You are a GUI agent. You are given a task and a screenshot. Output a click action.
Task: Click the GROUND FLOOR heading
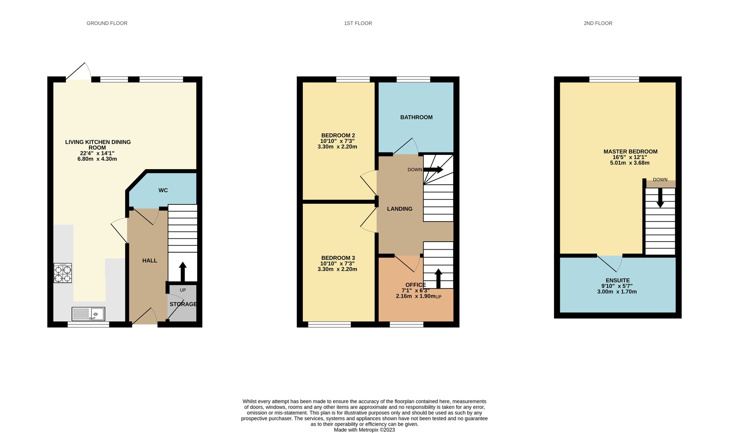[107, 23]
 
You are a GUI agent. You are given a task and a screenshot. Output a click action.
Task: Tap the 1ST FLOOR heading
[358, 23]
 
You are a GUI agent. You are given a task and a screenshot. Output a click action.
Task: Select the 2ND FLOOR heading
[598, 23]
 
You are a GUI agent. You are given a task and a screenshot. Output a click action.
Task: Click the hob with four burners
[63, 273]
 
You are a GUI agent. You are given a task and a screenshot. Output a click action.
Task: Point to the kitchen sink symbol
[89, 314]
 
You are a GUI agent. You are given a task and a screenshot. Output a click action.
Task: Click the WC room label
[163, 190]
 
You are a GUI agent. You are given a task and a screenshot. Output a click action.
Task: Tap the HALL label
[149, 261]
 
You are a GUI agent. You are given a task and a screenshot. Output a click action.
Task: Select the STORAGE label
[183, 304]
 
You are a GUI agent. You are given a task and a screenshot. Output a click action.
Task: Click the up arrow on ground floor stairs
[183, 272]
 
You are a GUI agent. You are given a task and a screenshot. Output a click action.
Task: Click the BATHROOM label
[416, 117]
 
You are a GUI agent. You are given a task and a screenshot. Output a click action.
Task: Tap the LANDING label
[399, 209]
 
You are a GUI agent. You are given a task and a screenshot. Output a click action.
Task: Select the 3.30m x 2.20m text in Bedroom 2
[337, 147]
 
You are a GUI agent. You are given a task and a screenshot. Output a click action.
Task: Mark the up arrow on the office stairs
[438, 279]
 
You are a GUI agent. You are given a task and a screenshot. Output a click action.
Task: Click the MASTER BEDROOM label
[630, 152]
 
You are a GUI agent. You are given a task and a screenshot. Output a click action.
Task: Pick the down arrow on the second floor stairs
[660, 198]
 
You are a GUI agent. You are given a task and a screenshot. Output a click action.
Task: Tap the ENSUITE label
[617, 281]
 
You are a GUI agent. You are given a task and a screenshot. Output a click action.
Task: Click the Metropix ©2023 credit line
[364, 430]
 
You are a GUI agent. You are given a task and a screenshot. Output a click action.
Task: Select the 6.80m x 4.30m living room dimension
[97, 159]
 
